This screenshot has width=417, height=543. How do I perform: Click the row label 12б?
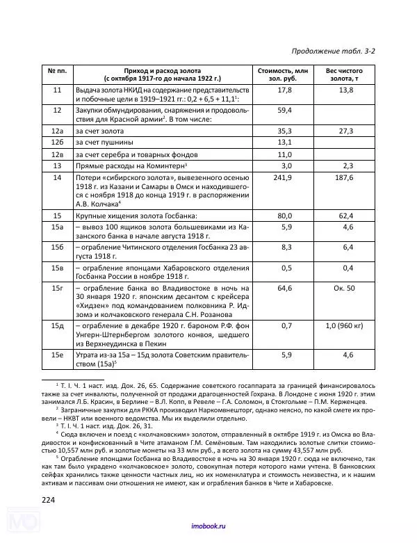tap(58, 143)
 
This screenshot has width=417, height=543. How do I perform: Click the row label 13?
tap(58, 166)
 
